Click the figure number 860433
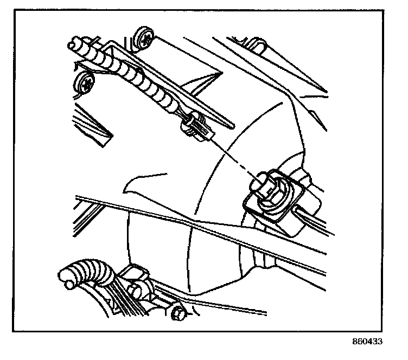367,341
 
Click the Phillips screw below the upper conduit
85,82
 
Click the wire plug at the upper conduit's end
197,126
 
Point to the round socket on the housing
271,190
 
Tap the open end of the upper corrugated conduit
73,44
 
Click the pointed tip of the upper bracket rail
232,127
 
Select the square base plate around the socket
274,196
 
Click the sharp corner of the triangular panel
222,72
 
